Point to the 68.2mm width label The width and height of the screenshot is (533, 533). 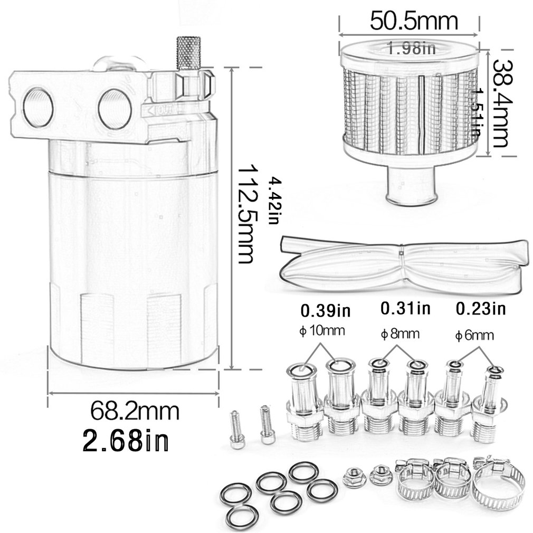pyautogui.click(x=135, y=410)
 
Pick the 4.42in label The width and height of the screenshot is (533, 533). pyautogui.click(x=274, y=201)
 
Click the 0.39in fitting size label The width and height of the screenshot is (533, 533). pyautogui.click(x=326, y=309)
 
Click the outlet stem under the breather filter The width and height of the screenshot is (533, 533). pyautogui.click(x=411, y=184)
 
